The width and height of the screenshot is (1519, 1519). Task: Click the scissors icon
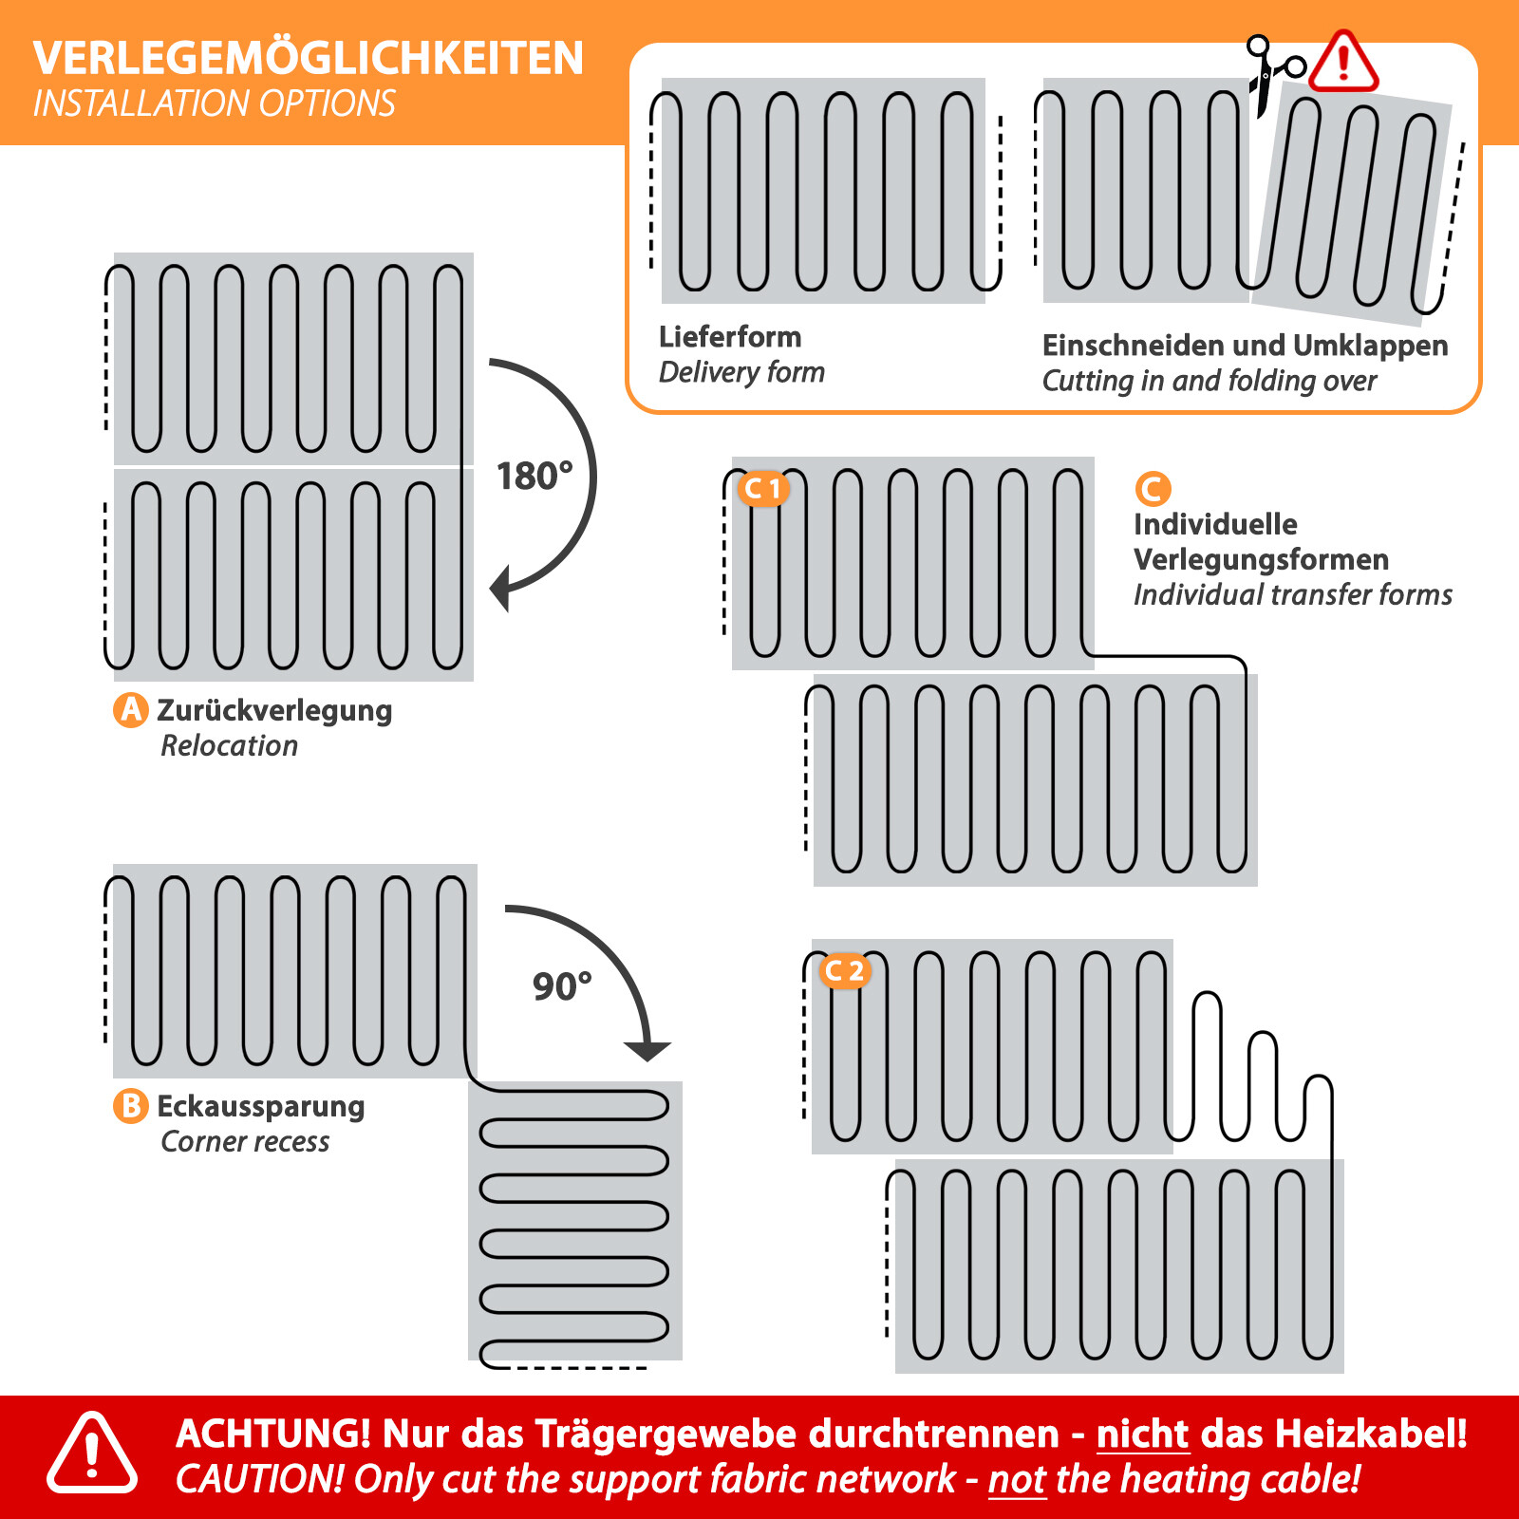tap(1272, 74)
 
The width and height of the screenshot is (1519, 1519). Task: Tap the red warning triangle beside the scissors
tap(1342, 64)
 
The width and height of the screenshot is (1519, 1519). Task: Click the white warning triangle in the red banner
tap(92, 1453)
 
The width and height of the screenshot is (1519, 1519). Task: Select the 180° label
tap(534, 476)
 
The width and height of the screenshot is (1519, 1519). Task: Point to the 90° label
tap(561, 986)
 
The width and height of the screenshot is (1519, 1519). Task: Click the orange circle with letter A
tap(131, 709)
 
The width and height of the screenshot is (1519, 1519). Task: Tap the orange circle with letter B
tap(131, 1106)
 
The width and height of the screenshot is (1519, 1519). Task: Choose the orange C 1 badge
tap(762, 488)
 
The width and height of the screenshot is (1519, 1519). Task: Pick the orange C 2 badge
tap(843, 970)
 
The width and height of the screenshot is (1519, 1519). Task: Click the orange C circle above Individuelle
tap(1153, 489)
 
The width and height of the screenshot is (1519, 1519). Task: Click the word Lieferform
tap(729, 337)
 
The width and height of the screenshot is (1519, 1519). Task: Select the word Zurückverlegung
tap(273, 710)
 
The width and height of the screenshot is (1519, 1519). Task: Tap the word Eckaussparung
tap(260, 1106)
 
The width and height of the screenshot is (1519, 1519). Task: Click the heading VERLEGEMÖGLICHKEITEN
tap(308, 58)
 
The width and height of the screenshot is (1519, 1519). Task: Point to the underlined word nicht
tap(1142, 1434)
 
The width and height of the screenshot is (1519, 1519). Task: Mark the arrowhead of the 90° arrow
tap(647, 1050)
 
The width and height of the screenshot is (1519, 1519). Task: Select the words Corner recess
tap(245, 1141)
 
